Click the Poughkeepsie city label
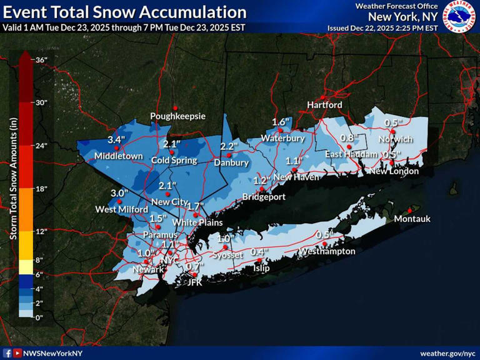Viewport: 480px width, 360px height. coord(177,116)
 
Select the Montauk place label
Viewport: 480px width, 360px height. coord(412,219)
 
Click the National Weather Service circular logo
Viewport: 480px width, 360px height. coord(460,17)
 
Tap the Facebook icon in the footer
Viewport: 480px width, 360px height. coord(7,353)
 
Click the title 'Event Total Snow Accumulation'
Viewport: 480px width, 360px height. coord(125,12)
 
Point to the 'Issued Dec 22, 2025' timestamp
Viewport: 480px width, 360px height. coord(382,28)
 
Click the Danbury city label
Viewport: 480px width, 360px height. coord(231,163)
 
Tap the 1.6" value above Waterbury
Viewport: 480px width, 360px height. coord(282,121)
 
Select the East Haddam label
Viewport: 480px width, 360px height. coord(351,154)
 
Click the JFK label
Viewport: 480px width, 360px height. coord(196,282)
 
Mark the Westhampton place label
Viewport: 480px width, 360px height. coord(327,251)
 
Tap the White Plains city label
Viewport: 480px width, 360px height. coord(193,222)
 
